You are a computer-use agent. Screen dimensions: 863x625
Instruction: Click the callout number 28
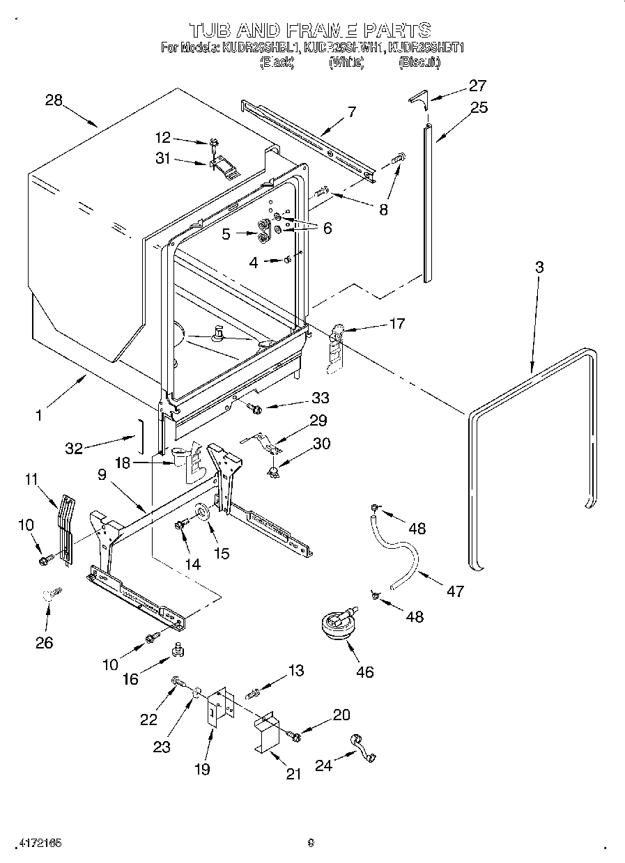coord(54,100)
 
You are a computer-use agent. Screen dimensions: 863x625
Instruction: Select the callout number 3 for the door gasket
coord(539,267)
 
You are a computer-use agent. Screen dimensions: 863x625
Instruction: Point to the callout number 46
coord(364,671)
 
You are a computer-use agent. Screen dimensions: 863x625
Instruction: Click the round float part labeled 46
coord(337,622)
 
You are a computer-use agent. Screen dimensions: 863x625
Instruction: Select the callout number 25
coord(479,107)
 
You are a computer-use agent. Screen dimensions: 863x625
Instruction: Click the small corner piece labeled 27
coord(417,97)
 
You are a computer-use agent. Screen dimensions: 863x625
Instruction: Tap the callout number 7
coord(352,111)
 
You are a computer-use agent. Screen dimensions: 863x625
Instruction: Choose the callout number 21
coord(293,774)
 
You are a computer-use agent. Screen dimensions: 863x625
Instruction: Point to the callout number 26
coord(44,642)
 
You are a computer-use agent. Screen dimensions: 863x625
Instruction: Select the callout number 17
coord(396,323)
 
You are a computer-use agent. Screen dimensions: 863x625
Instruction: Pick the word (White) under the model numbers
coord(346,63)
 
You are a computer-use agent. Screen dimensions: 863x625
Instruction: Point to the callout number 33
coord(320,398)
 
